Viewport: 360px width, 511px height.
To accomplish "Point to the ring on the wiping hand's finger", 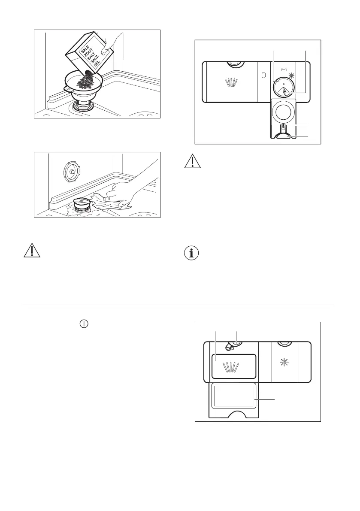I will pos(109,199).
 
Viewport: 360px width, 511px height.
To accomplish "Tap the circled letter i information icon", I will pos(191,253).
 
